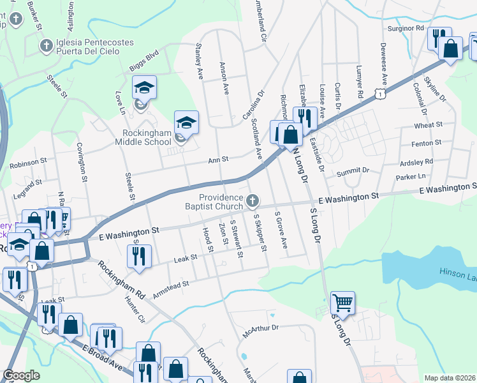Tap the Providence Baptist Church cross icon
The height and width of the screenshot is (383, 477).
253,202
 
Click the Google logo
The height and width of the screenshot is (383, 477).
22,375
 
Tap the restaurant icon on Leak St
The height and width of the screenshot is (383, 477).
138,256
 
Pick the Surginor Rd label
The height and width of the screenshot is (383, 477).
406,29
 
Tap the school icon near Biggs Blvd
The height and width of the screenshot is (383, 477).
145,87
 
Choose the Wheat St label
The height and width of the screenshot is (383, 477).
428,126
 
